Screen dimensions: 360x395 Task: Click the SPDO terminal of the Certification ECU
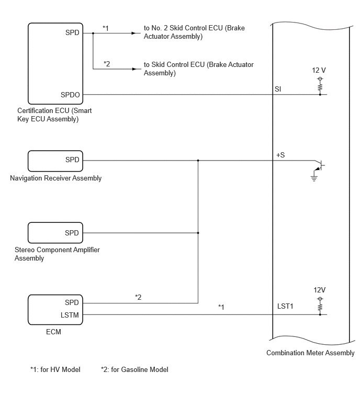pos(70,95)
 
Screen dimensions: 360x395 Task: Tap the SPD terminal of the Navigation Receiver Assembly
pos(72,160)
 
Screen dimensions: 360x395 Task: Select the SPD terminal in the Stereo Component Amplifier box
pos(72,233)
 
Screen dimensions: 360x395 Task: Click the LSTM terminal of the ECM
pos(70,315)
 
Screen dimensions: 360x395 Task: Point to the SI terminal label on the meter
pos(278,89)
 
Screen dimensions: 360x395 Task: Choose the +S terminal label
pos(280,155)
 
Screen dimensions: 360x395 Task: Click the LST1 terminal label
pos(285,306)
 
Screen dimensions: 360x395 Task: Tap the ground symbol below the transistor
pos(314,178)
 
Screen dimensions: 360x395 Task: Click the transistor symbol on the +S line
pos(319,165)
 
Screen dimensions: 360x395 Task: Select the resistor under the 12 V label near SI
pos(320,87)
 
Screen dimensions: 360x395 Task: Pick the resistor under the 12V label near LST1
pos(320,307)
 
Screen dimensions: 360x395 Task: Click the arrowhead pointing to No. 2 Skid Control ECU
pos(134,33)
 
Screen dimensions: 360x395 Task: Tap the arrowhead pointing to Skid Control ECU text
pos(135,69)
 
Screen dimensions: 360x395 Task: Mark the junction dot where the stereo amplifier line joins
pos(198,233)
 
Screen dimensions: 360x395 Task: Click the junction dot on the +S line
pos(198,160)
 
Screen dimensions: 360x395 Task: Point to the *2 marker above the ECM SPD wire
pos(138,297)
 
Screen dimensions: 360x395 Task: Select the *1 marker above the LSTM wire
pos(221,307)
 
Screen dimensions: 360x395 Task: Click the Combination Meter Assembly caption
pos(310,353)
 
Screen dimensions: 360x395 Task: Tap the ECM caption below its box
pos(53,332)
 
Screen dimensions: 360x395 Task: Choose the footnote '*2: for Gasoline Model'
pos(134,369)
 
